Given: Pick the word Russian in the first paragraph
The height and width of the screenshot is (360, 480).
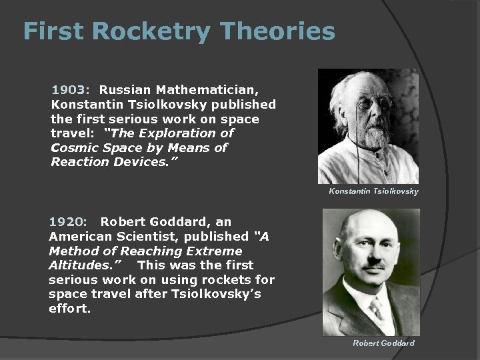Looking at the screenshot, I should coord(126,89).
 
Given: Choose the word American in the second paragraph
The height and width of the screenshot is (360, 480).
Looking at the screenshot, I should coord(79,236).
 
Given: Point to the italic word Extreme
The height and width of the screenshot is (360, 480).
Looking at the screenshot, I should coord(213,251).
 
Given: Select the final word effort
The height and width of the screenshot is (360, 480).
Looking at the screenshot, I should coord(69,309).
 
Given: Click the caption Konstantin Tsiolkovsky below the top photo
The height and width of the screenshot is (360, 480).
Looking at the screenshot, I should coord(373,192).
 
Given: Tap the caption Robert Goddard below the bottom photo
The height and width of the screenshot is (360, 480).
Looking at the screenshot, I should coord(383,343).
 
